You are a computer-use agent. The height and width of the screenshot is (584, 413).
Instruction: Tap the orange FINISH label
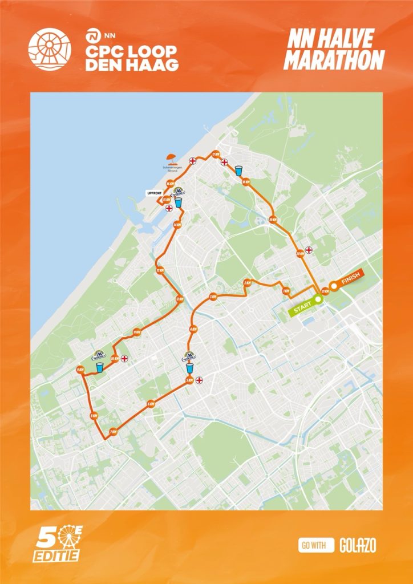tap(346, 282)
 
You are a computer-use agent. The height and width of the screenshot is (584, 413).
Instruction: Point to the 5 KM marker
tap(189, 380)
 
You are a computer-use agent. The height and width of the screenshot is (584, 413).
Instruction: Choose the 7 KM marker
tap(113, 431)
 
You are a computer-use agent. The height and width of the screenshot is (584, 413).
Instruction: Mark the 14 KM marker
tap(176, 225)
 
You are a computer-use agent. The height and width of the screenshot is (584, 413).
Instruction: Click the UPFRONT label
tap(155, 193)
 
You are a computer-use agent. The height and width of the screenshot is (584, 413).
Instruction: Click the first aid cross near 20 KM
tap(309, 249)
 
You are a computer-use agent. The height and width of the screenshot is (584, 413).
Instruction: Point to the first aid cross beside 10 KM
tap(124, 359)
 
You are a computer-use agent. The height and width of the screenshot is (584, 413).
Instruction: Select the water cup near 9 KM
tap(100, 367)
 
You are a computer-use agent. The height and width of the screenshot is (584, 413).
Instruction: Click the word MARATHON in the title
tap(334, 60)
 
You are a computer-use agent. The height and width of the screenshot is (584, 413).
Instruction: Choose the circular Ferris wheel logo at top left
tap(50, 49)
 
